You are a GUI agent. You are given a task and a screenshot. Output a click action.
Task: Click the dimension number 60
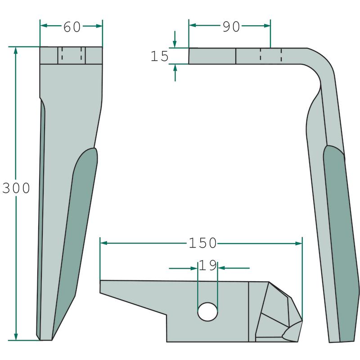pyautogui.click(x=72, y=27)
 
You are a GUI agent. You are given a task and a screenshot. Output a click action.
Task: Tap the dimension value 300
pyautogui.click(x=16, y=188)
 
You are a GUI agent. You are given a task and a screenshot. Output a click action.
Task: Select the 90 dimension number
pyautogui.click(x=231, y=27)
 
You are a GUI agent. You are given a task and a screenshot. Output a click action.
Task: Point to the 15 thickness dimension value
pyautogui.click(x=160, y=56)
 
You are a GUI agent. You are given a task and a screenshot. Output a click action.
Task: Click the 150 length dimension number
pyautogui.click(x=203, y=243)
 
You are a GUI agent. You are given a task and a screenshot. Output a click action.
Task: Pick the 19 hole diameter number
pyautogui.click(x=208, y=265)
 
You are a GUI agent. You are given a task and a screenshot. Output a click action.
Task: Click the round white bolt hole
pyautogui.click(x=207, y=311)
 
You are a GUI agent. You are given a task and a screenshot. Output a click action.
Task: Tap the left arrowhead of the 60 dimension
pyautogui.click(x=44, y=26)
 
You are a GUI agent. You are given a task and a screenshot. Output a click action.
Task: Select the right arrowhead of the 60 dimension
pyautogui.click(x=99, y=26)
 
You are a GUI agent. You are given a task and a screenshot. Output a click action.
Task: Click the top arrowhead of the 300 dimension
pyautogui.click(x=16, y=50)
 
